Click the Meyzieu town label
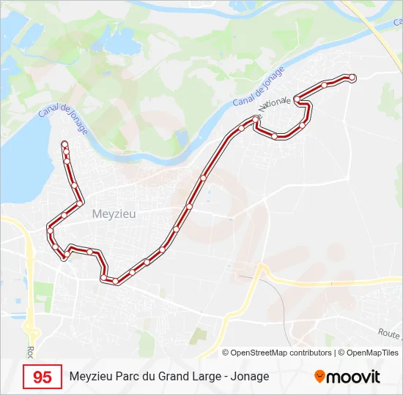point(114,214)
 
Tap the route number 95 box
point(42,377)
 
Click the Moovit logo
point(347,377)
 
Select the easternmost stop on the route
point(352,77)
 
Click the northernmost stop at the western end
point(65,143)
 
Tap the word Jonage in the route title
point(250,377)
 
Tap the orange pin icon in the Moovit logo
point(319,377)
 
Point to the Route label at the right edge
point(389,333)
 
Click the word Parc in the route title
point(130,377)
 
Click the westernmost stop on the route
point(50,231)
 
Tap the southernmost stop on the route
point(115,280)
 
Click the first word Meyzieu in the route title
point(92,377)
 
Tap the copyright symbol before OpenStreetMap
point(226,353)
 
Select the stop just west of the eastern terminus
point(324,85)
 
